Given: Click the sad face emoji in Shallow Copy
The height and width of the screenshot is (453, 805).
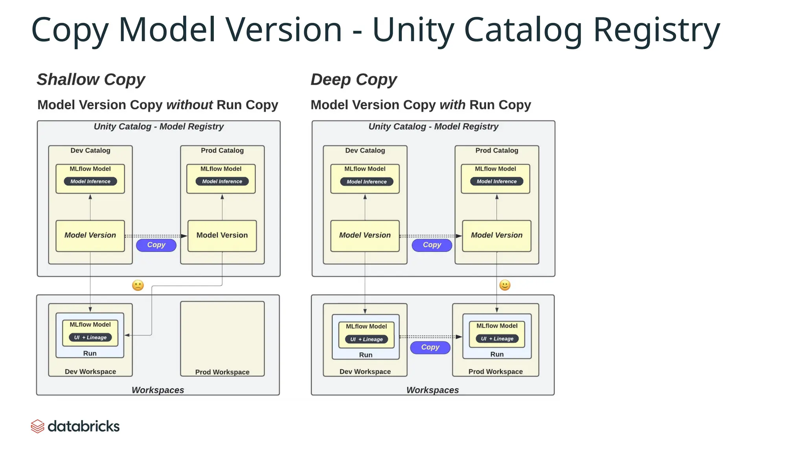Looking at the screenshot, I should [138, 285].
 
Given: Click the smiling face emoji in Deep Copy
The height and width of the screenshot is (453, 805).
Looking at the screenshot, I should [505, 285].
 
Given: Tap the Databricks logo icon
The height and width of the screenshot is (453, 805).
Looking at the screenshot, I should [37, 426].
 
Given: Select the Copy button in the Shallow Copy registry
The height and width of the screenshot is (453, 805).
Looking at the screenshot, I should [156, 245].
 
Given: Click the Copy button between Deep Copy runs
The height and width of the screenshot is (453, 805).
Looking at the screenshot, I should [430, 347].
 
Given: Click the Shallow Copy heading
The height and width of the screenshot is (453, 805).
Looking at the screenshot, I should [91, 79].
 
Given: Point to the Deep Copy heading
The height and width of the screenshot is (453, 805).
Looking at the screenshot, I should [354, 79].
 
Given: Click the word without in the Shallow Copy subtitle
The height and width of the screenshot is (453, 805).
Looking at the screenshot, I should [189, 105].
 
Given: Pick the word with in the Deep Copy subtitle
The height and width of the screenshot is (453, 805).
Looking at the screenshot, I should [452, 105].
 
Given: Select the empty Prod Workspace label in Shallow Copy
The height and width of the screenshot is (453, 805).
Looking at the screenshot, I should [222, 372].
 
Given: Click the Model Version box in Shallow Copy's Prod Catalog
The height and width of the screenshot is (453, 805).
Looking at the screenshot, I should [222, 236].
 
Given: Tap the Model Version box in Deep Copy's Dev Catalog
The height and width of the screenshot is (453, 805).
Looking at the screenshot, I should [365, 236].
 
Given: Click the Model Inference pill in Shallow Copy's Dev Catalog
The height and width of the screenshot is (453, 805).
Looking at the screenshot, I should [90, 181].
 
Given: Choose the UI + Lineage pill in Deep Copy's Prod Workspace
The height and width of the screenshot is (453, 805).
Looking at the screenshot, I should [497, 339].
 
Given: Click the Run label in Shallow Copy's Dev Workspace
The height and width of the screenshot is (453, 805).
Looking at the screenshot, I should [90, 353].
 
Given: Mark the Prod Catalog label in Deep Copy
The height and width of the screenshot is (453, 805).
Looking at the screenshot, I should [496, 151].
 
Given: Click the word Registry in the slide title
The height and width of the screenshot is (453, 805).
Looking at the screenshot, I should [656, 30].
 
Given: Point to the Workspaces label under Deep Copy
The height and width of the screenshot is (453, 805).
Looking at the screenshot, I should [432, 390].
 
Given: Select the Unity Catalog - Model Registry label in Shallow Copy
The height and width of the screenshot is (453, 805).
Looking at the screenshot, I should [158, 127].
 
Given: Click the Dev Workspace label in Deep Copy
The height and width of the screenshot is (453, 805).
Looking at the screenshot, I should [365, 372].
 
